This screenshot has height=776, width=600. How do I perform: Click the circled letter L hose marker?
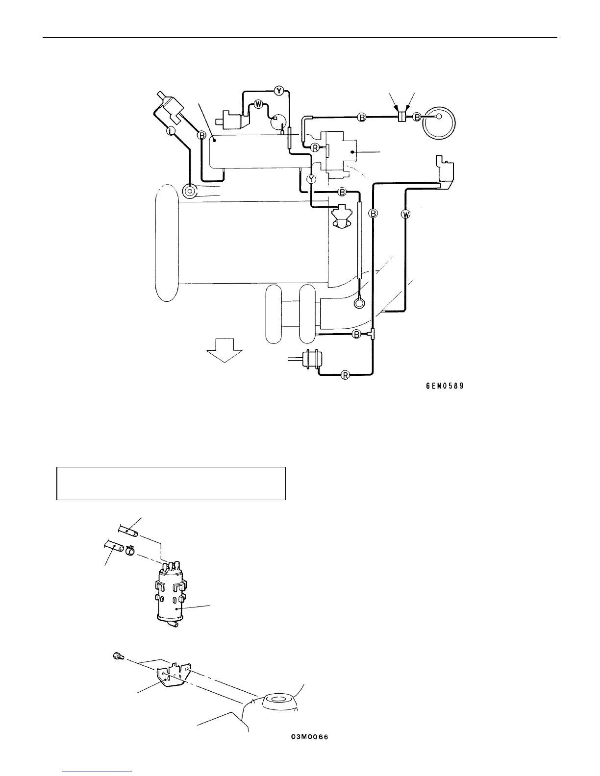pos(171,131)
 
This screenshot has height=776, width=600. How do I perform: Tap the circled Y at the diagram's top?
pos(278,90)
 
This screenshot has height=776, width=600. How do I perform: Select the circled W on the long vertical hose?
pos(405,214)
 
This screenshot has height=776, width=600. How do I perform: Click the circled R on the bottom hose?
pos(345,376)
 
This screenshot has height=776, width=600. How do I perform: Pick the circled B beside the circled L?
pos(201,136)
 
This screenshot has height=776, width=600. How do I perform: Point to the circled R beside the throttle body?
pos(316,147)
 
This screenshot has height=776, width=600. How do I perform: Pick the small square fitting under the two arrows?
pos(401,117)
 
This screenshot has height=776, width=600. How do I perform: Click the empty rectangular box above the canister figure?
pos(171,483)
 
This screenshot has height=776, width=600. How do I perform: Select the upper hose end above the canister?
pos(128,530)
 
